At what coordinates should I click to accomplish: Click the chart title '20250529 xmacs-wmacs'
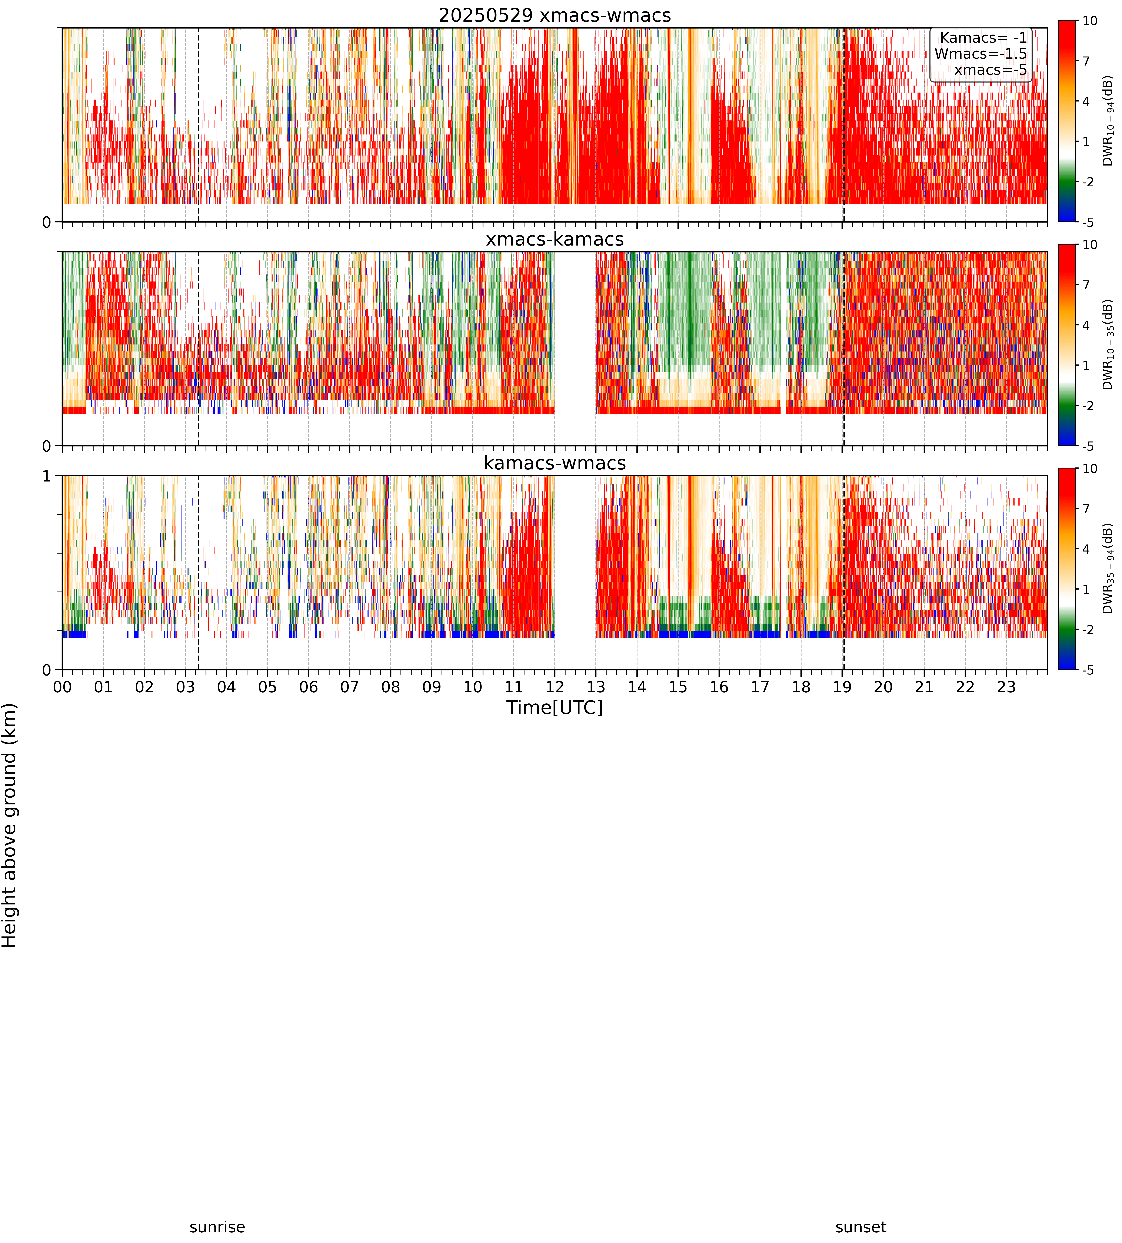pyautogui.click(x=555, y=15)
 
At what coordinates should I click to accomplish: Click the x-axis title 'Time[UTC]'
pyautogui.click(x=555, y=707)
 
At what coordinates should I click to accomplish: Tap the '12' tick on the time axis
pyautogui.click(x=555, y=687)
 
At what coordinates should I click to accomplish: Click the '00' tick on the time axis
pyautogui.click(x=62, y=687)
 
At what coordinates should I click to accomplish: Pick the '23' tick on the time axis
pyautogui.click(x=1006, y=687)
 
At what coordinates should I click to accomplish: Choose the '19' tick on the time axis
pyautogui.click(x=842, y=687)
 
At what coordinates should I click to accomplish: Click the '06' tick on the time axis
pyautogui.click(x=308, y=687)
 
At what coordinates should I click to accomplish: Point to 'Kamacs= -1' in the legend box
pyautogui.click(x=983, y=38)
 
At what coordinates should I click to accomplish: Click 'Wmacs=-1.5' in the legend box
pyautogui.click(x=981, y=54)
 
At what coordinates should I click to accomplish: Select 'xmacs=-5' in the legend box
pyautogui.click(x=991, y=70)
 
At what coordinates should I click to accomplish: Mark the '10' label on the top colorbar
pyautogui.click(x=1090, y=21)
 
